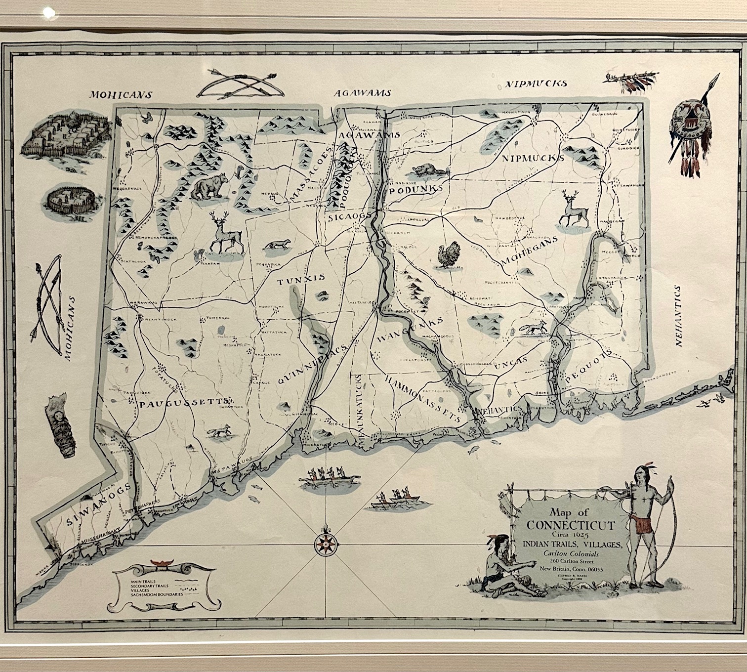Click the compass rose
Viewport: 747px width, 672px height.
point(325,544)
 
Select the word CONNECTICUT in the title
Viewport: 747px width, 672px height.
point(571,525)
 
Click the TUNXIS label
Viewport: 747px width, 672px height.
point(301,280)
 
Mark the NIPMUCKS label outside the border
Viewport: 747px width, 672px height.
point(536,84)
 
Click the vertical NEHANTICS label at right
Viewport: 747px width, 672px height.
point(678,316)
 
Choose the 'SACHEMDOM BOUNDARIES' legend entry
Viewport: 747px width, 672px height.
point(157,594)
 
